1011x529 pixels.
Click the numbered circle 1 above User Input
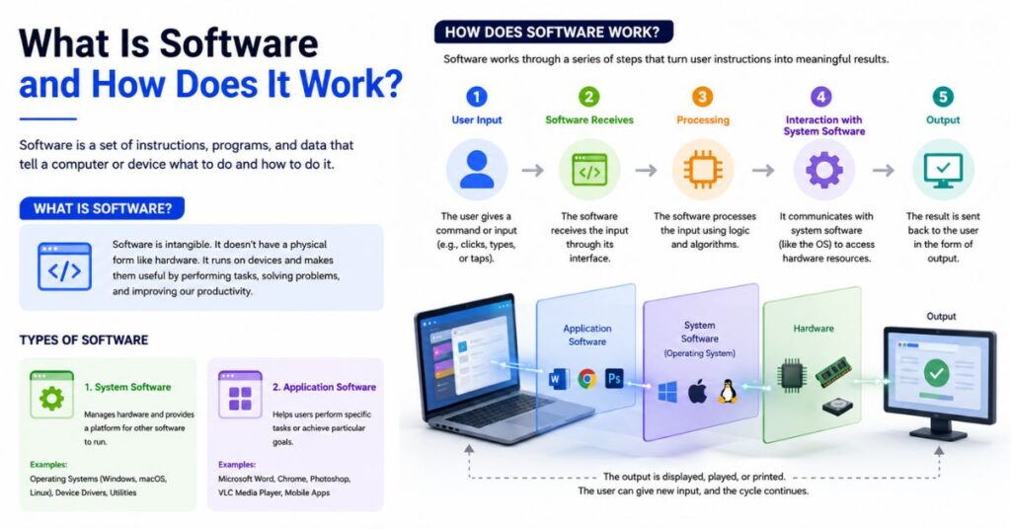coord(477,97)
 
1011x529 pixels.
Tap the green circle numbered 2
coord(588,97)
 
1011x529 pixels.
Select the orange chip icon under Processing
coord(703,170)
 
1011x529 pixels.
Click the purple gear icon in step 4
coord(824,170)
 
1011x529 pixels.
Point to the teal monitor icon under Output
coord(943,170)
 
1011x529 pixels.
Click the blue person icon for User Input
coord(477,170)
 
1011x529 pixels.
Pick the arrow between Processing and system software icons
coord(763,170)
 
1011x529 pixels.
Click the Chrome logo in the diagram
coord(586,379)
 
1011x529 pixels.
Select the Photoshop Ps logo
coord(614,379)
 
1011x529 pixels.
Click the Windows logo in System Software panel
coord(668,392)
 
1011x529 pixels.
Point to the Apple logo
coord(697,391)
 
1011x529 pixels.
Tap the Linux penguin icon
coord(728,391)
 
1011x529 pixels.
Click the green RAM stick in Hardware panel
coord(833,372)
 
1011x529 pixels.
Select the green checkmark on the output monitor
coord(936,372)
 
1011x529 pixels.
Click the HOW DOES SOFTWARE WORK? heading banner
coord(553,32)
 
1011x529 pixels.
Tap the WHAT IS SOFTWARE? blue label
coord(102,208)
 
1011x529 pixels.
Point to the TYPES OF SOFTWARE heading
coord(84,340)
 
